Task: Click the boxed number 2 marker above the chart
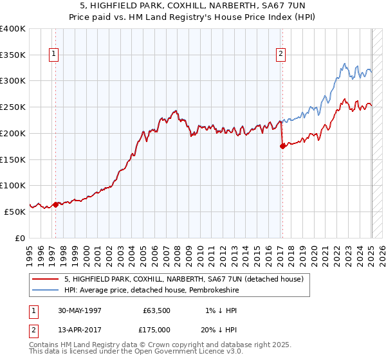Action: (x=281, y=55)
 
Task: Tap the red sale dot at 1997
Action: (x=55, y=204)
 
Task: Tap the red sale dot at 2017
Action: (x=282, y=146)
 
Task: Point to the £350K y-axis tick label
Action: (x=13, y=55)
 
